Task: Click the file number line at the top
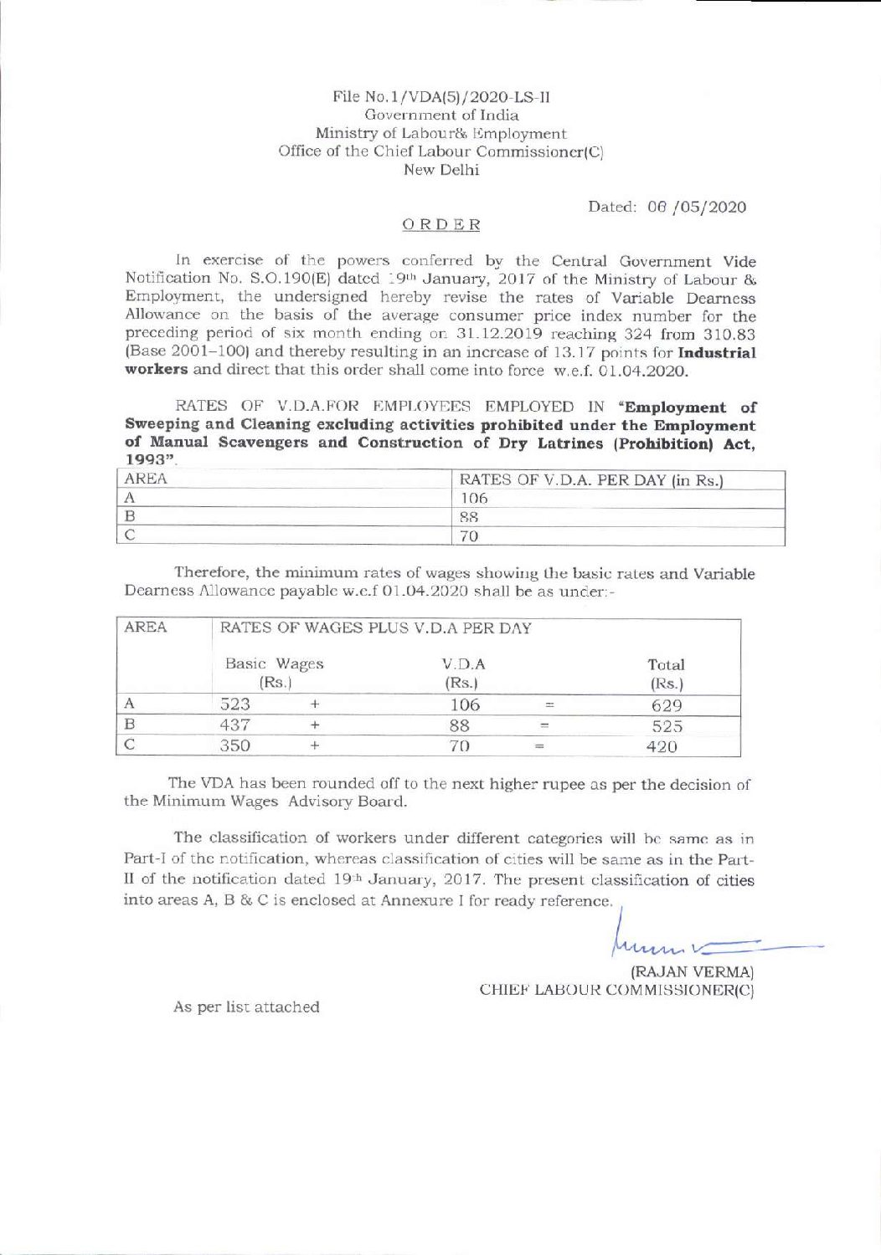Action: coord(440,96)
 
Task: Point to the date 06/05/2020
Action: coord(667,207)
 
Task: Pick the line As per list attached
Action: coord(246,1007)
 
